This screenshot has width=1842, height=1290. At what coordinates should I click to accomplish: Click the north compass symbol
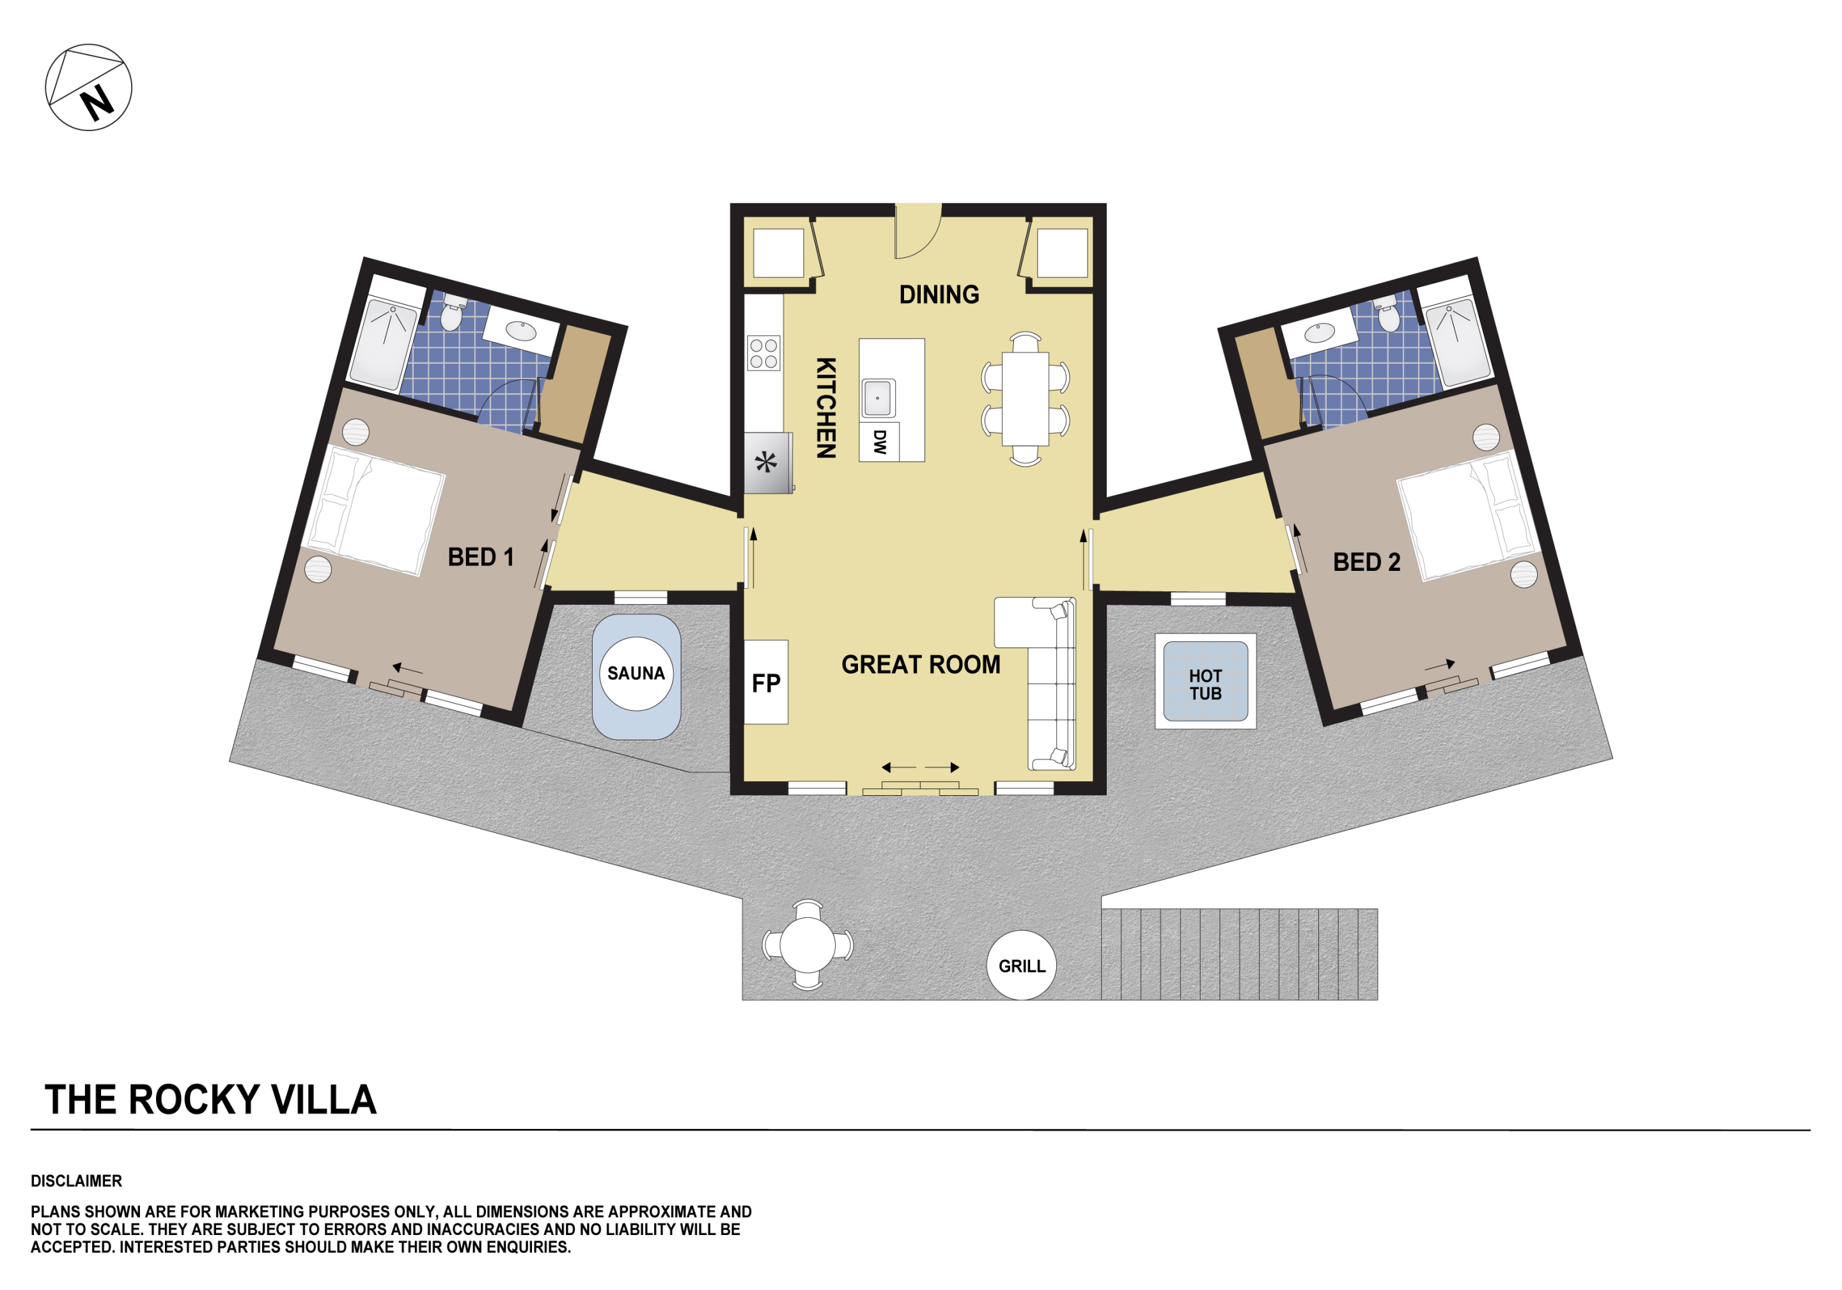88,88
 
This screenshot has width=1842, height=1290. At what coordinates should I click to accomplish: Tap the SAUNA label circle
636,674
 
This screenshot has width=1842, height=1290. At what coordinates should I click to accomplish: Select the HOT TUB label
1205,684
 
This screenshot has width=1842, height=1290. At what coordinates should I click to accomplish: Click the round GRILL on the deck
1021,965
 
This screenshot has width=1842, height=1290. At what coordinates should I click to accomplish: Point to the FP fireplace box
766,682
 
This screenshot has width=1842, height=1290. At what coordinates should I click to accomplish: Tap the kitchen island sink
878,398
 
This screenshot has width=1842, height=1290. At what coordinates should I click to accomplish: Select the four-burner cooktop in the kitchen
764,353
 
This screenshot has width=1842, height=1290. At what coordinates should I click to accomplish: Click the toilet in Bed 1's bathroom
453,313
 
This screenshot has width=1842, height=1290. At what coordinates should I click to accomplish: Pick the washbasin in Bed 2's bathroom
1320,332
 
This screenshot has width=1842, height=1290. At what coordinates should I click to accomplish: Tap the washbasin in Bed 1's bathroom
522,330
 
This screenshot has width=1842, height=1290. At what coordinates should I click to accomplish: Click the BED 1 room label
481,557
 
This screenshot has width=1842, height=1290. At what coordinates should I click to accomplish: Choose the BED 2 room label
1366,561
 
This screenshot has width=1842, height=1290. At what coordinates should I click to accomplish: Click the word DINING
939,295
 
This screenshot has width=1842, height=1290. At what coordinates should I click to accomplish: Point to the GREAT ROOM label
921,664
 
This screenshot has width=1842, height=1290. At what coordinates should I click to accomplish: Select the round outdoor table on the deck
807,944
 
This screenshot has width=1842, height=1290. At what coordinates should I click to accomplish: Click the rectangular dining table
1026,399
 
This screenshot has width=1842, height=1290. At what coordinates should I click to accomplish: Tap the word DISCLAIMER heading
76,1181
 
